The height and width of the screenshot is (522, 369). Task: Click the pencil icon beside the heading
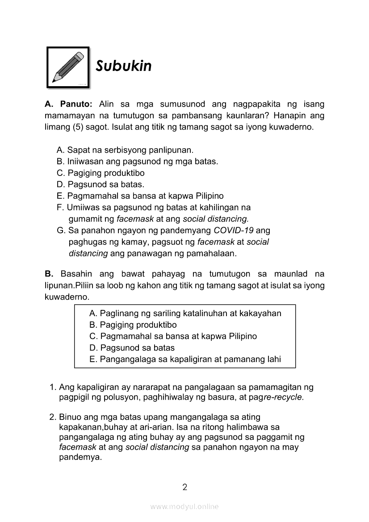click(x=68, y=67)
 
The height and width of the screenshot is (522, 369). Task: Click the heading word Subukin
click(x=124, y=66)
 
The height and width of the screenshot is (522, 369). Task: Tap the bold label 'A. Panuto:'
click(x=68, y=104)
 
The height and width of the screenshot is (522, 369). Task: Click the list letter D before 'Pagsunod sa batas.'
click(x=61, y=184)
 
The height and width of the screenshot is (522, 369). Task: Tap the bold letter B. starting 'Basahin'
click(x=49, y=274)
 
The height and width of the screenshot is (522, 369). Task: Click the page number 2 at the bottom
click(x=184, y=487)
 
